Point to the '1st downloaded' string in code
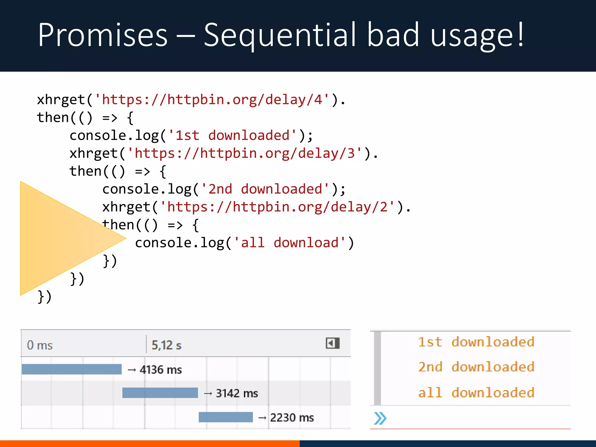(232, 136)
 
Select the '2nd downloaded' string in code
(265, 189)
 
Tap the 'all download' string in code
(290, 243)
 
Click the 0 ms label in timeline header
(40, 345)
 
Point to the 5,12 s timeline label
(166, 345)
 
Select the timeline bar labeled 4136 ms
(72, 369)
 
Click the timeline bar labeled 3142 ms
(160, 393)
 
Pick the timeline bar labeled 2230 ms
(226, 417)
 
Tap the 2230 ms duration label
(292, 418)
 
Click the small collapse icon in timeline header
(333, 343)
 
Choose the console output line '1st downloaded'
(476, 342)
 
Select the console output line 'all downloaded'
(476, 393)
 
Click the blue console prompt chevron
(380, 418)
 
